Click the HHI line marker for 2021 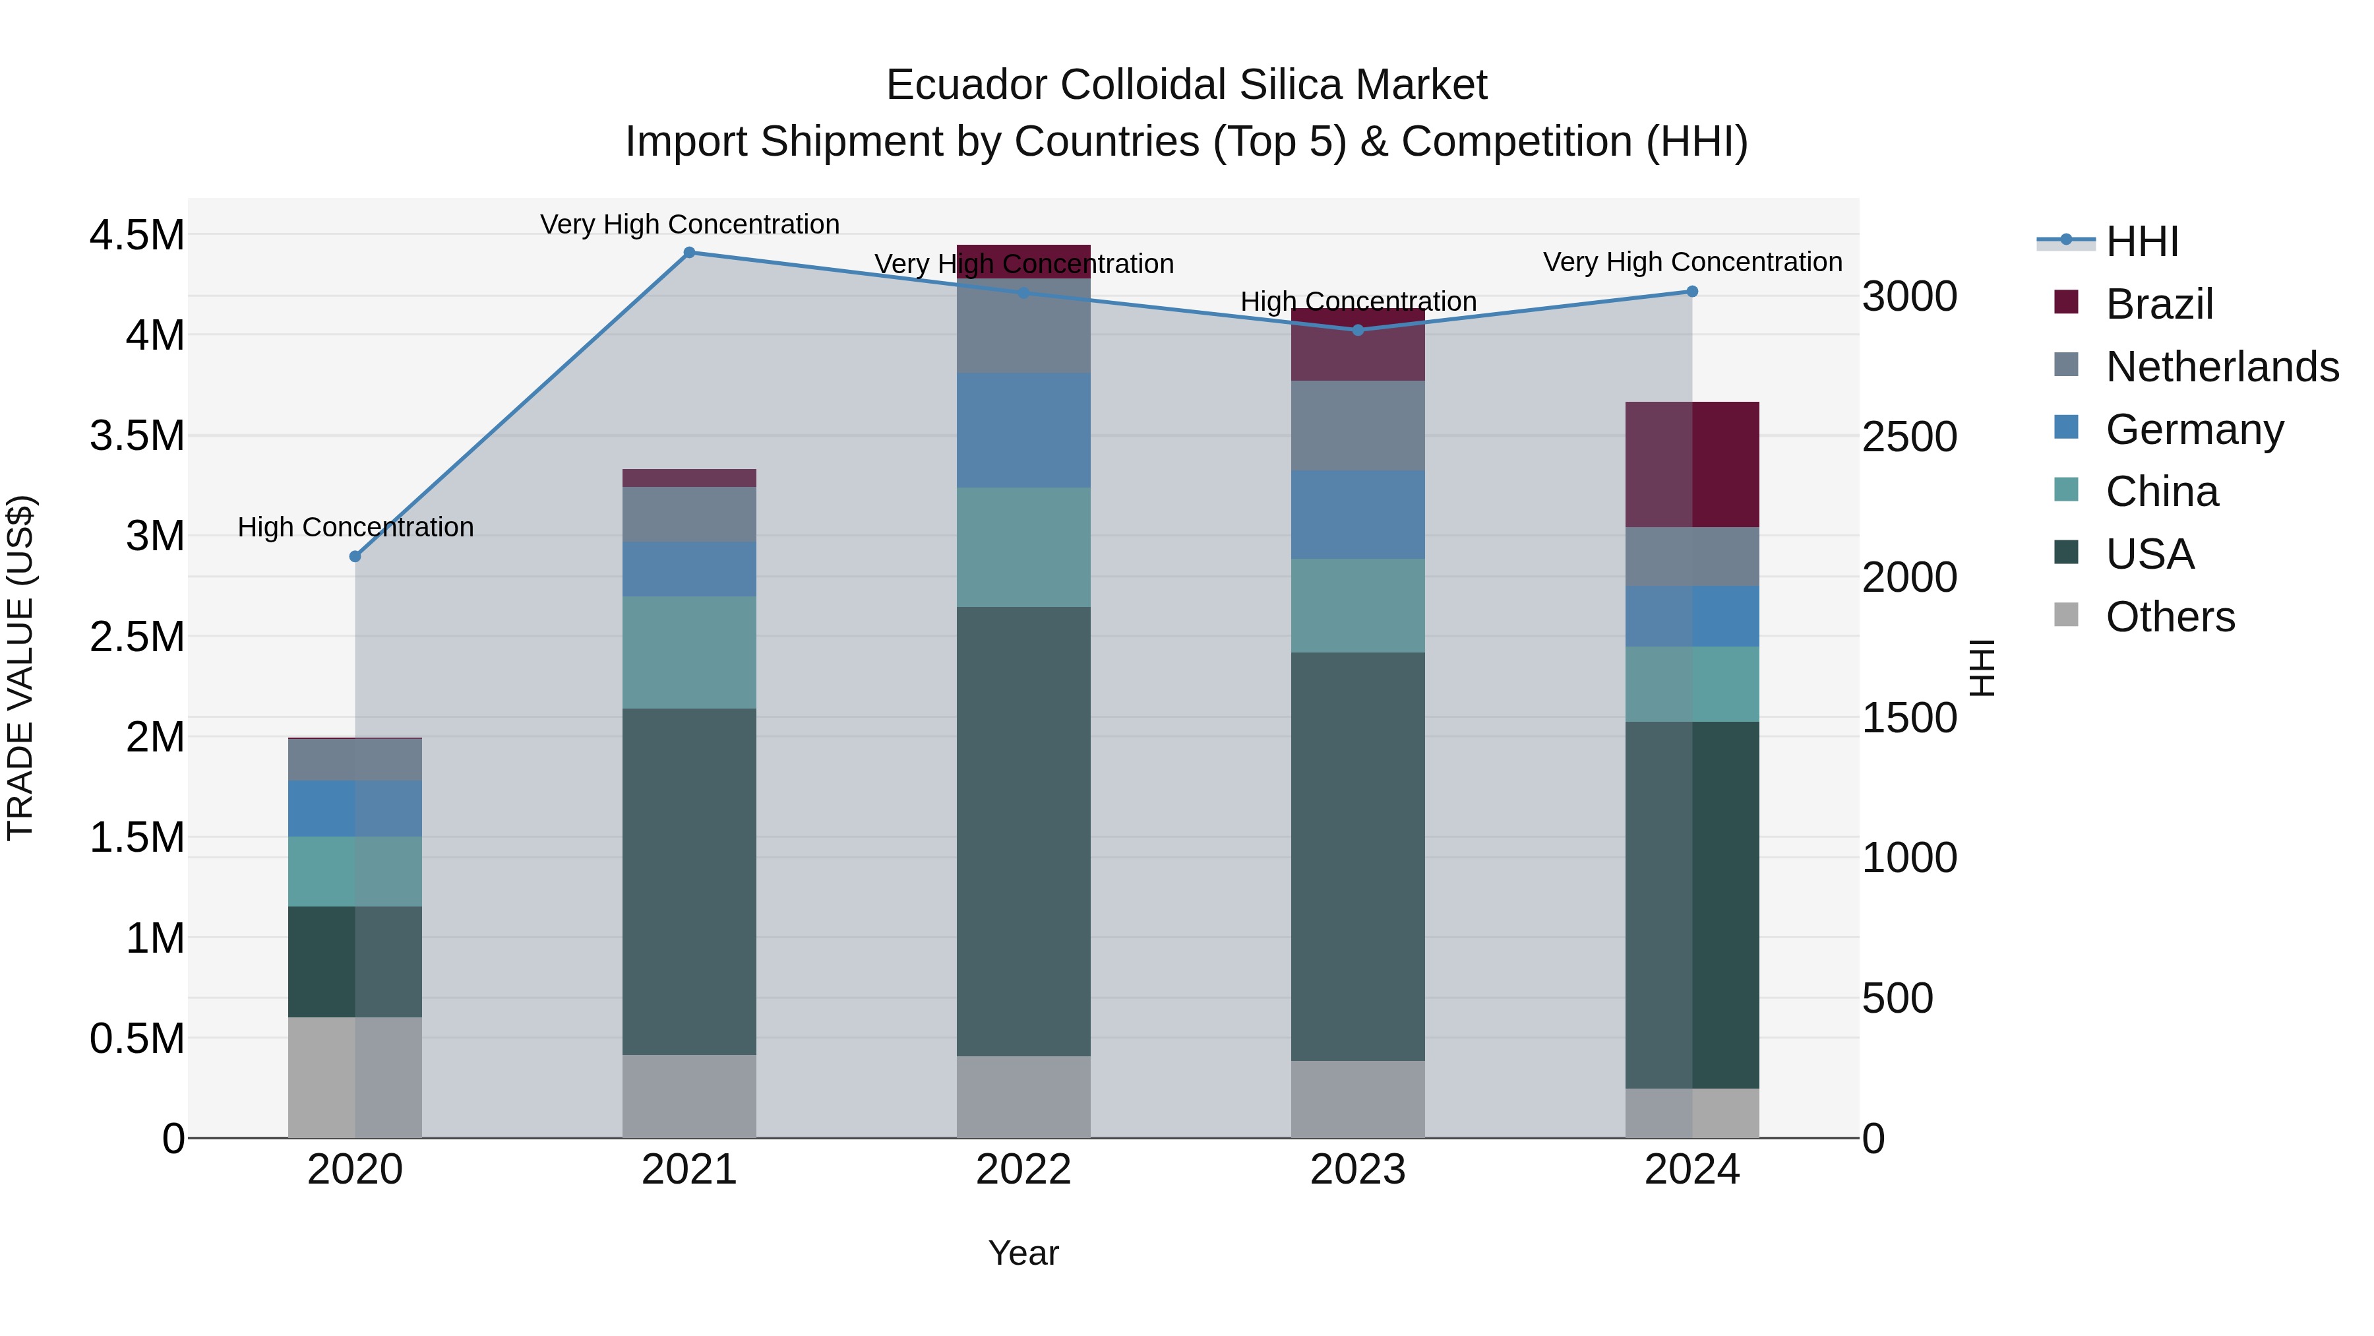pyautogui.click(x=689, y=253)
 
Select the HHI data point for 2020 pyautogui.click(x=355, y=556)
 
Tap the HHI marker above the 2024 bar pyautogui.click(x=1692, y=292)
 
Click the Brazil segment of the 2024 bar pyautogui.click(x=1692, y=464)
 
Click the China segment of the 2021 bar pyautogui.click(x=689, y=652)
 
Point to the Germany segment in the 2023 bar pyautogui.click(x=1358, y=515)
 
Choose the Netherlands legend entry pyautogui.click(x=2222, y=367)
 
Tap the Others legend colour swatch pyautogui.click(x=2066, y=615)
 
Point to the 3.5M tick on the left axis pyautogui.click(x=137, y=435)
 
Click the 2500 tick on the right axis pyautogui.click(x=1908, y=437)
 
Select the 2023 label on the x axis pyautogui.click(x=1358, y=1170)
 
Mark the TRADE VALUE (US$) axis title pyautogui.click(x=20, y=668)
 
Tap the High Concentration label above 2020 pyautogui.click(x=355, y=527)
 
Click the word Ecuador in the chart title pyautogui.click(x=967, y=85)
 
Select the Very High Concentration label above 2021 pyautogui.click(x=689, y=224)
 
